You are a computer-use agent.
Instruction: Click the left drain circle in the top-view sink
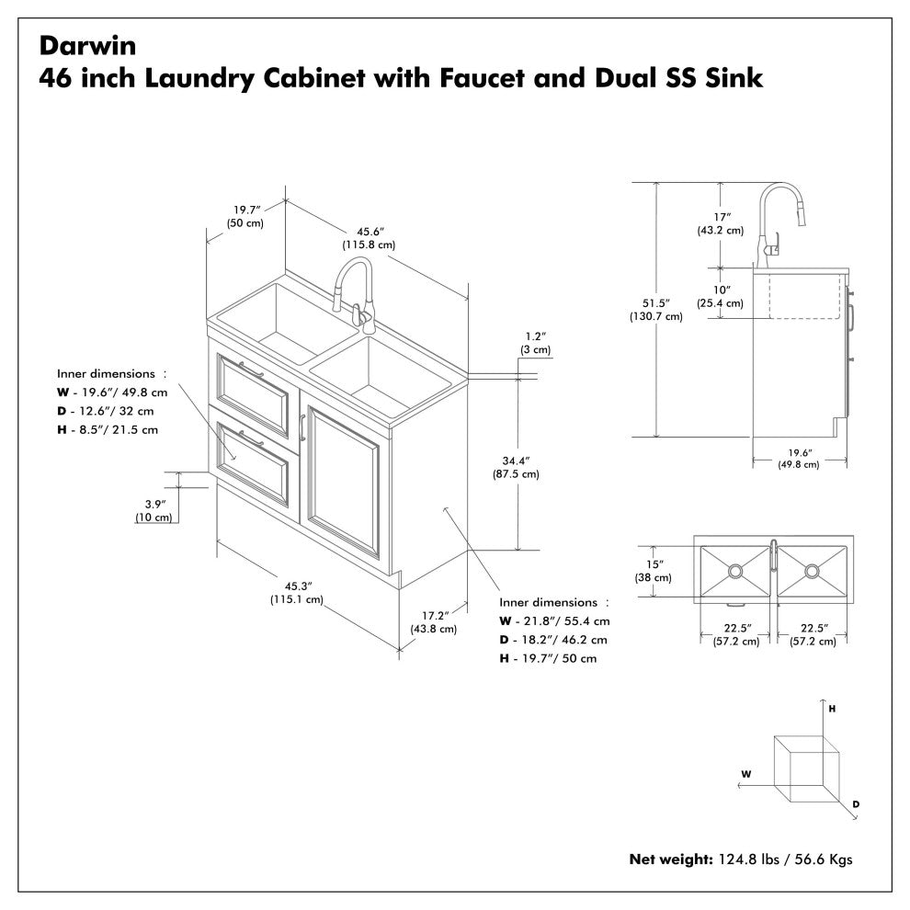tap(734, 571)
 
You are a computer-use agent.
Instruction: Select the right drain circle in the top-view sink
tap(811, 571)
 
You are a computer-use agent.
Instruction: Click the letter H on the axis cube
tap(832, 710)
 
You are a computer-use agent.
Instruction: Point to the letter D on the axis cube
tap(856, 804)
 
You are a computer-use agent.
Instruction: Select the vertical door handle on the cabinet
tap(301, 429)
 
